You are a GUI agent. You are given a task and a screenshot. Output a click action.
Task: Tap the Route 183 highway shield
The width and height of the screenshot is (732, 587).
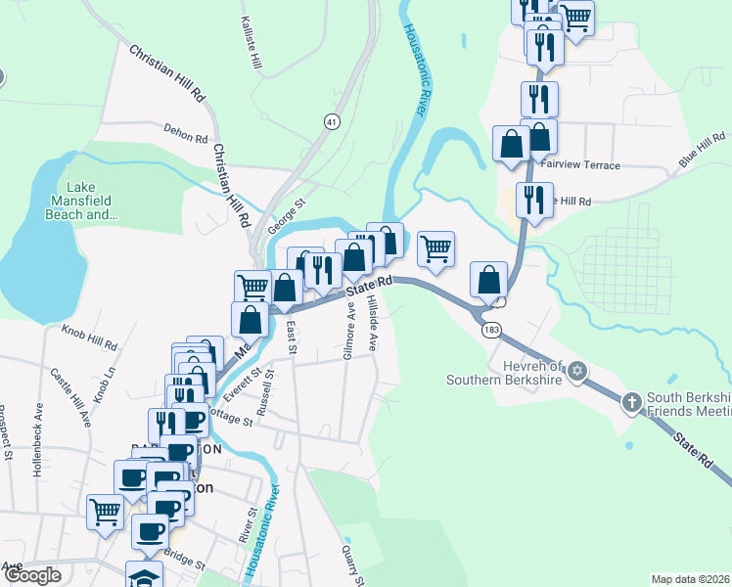[x=491, y=331]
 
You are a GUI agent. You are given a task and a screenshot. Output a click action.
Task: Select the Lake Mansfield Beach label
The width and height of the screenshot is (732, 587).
[x=88, y=201]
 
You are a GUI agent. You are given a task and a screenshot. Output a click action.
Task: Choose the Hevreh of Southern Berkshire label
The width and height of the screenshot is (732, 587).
[x=505, y=373]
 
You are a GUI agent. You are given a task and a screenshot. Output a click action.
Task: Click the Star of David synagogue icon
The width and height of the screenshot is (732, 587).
[x=577, y=371]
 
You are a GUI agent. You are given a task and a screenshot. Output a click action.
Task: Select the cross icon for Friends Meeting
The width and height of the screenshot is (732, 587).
[x=632, y=400]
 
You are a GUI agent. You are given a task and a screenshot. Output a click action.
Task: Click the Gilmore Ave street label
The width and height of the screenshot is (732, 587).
[x=349, y=331]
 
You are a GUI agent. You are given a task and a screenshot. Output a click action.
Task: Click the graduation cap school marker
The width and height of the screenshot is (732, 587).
[x=144, y=576]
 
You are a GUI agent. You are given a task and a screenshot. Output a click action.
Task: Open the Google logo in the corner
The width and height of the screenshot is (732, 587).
[x=32, y=575]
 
